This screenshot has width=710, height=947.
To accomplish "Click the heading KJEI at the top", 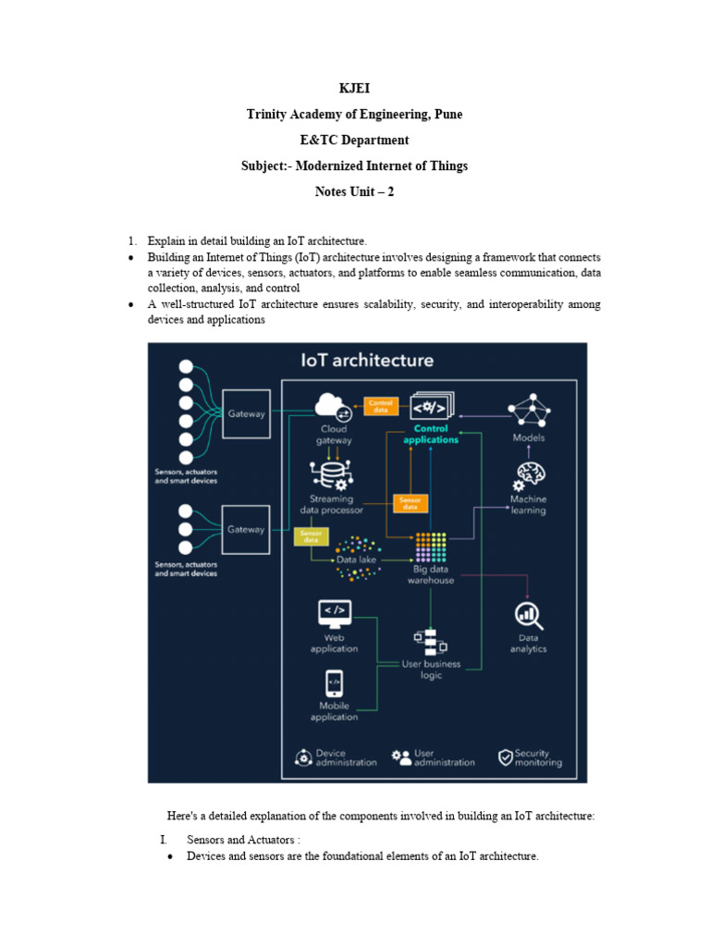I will click(x=354, y=88).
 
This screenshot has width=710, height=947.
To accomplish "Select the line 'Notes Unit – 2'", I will click(x=354, y=191).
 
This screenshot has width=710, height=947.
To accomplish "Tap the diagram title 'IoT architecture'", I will click(x=367, y=360).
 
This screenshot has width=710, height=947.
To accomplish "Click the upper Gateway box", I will click(x=245, y=413).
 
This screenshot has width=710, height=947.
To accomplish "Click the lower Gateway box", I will click(x=245, y=529).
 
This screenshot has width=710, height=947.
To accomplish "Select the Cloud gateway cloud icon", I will click(x=333, y=406).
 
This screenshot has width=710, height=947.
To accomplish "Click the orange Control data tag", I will click(x=380, y=406).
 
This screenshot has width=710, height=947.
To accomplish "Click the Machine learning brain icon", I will click(x=530, y=476).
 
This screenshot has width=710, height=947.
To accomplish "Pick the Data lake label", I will click(x=357, y=560).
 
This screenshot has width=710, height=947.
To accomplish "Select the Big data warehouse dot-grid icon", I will click(x=431, y=547).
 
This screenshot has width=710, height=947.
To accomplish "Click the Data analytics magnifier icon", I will click(x=529, y=614).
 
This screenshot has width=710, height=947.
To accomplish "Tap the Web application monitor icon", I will click(x=334, y=612).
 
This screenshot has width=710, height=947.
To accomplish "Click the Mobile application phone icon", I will click(x=334, y=683).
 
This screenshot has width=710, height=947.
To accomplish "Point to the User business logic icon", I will click(x=430, y=640).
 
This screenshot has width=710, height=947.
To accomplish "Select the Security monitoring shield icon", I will click(x=506, y=757).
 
